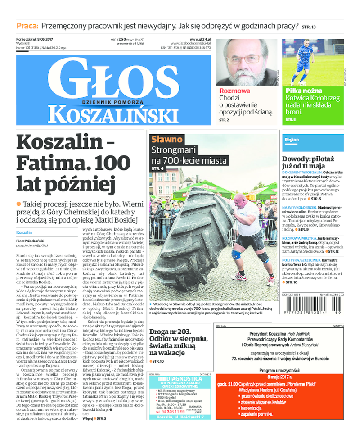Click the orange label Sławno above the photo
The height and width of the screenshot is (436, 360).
coord(167,139)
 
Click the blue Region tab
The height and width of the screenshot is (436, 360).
coord(292,140)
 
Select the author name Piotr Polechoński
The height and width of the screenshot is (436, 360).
coord(30,241)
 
